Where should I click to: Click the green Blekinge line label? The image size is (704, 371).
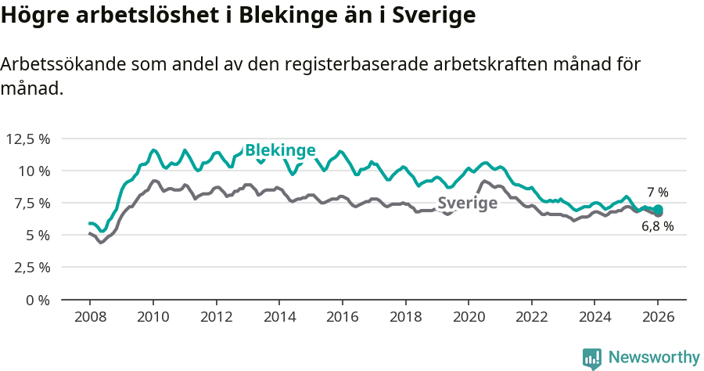click(x=280, y=150)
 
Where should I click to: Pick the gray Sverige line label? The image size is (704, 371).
click(x=467, y=204)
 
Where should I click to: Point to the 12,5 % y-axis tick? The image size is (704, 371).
click(x=28, y=139)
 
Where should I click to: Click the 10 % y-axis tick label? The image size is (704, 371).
click(x=34, y=171)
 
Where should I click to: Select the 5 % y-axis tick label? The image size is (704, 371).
click(x=38, y=235)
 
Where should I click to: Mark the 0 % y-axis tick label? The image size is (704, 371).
click(x=38, y=300)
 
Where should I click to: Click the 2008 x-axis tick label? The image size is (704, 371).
click(x=90, y=318)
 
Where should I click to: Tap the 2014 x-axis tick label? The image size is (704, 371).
click(x=279, y=318)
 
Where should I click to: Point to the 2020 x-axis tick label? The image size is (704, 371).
click(x=469, y=318)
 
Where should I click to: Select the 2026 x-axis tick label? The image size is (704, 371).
click(x=658, y=318)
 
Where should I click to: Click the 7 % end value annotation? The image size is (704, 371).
click(x=658, y=192)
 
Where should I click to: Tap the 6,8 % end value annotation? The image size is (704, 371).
click(x=658, y=227)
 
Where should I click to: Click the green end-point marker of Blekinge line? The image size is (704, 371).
click(x=658, y=209)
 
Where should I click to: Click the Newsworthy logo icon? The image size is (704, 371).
click(x=592, y=358)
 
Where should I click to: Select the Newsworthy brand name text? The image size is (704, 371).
click(x=653, y=358)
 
